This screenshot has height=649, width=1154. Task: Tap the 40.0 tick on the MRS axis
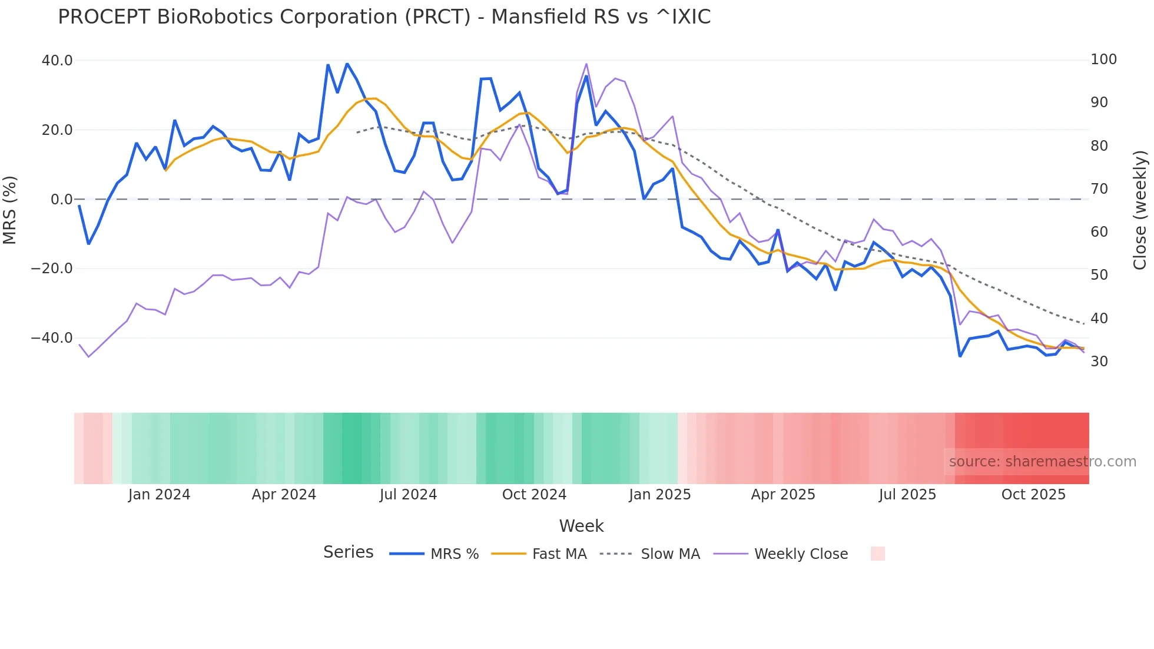(57, 61)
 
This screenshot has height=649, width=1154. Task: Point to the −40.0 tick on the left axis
(52, 338)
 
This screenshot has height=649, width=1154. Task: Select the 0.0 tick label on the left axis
(61, 200)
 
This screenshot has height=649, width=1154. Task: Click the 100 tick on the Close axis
(1103, 59)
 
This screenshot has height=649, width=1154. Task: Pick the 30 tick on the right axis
(1099, 362)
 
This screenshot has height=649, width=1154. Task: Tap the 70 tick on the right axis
(1099, 189)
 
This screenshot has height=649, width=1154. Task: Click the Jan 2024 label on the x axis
(159, 495)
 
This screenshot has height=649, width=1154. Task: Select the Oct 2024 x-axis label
(534, 495)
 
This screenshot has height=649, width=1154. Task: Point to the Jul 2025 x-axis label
(907, 495)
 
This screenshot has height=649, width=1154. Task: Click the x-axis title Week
(581, 526)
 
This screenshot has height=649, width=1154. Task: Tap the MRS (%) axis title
(9, 210)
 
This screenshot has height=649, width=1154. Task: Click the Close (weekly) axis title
(1140, 210)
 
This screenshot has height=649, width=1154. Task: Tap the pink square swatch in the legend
(877, 554)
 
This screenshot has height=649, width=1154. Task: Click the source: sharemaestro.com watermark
(1042, 462)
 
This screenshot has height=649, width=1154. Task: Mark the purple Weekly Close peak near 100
(586, 64)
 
